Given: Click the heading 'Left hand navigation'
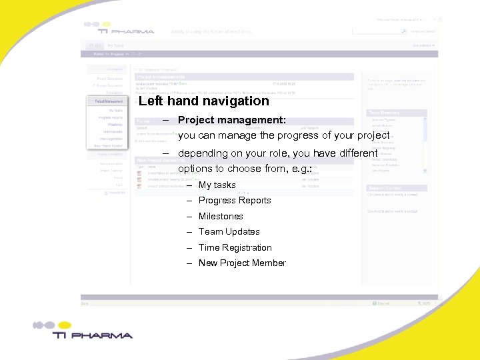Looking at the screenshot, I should click(x=204, y=101).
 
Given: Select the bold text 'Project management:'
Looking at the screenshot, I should click(x=232, y=121).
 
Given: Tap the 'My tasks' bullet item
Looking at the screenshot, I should click(x=217, y=185).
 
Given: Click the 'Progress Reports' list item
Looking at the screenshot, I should click(x=235, y=200).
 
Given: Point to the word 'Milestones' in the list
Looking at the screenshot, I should click(x=221, y=216).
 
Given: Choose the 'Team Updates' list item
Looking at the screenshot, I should click(x=229, y=231).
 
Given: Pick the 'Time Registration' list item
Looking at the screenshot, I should click(x=235, y=247).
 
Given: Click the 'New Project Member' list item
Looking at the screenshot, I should click(x=242, y=263).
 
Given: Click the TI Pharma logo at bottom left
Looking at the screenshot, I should click(x=83, y=331).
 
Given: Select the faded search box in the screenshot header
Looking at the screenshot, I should click(x=375, y=31).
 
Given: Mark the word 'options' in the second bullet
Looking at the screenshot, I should click(x=195, y=169).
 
